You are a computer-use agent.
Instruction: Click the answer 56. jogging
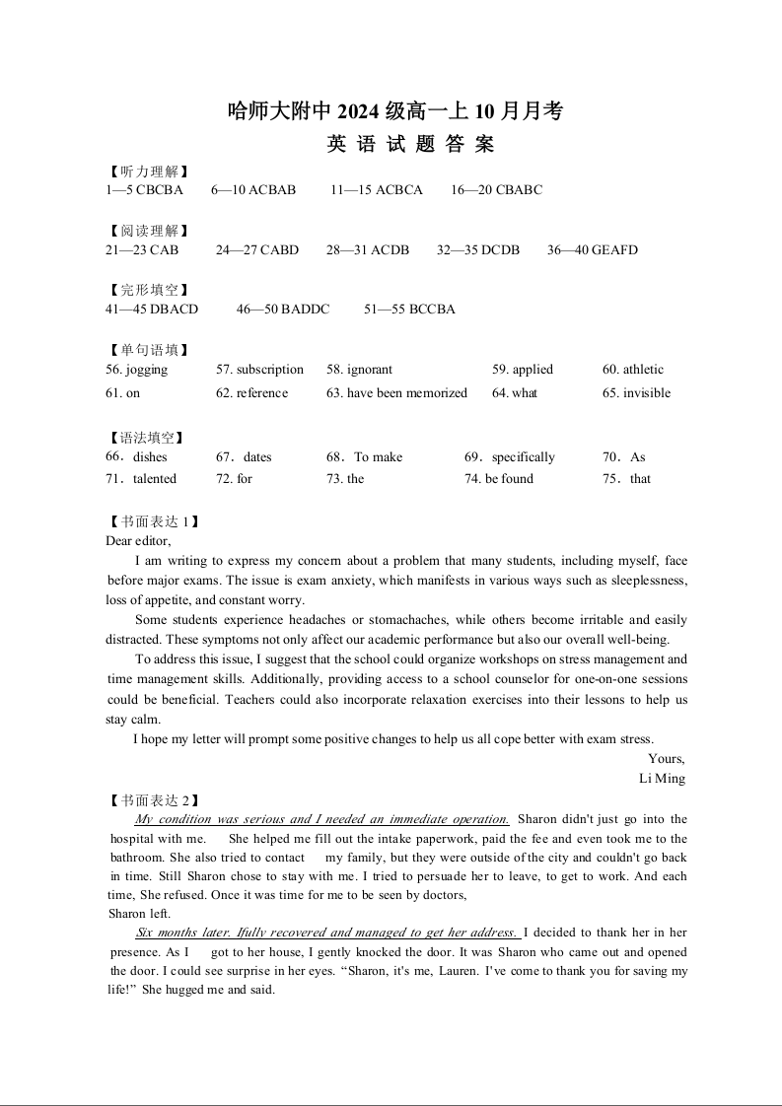(136, 370)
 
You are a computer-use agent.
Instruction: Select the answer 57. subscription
(259, 370)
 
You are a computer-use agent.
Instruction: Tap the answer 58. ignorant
(359, 370)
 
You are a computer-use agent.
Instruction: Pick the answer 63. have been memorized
(396, 393)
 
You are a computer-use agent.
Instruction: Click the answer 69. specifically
(510, 457)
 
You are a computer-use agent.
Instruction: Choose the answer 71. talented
(141, 479)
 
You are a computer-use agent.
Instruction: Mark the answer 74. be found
(499, 479)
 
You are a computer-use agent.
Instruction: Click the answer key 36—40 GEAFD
(592, 250)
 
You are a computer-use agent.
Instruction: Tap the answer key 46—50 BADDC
(283, 310)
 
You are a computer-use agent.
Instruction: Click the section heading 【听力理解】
(148, 172)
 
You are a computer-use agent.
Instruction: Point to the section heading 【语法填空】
(148, 438)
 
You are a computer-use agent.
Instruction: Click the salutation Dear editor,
(138, 540)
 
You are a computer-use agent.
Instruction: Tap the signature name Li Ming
(662, 779)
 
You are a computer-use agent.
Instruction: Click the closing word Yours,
(666, 759)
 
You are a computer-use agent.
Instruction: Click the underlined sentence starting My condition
(321, 819)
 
